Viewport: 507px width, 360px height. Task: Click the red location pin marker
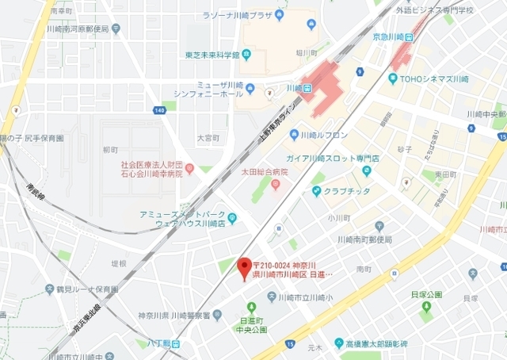tap(245, 266)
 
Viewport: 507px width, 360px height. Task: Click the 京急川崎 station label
tap(393, 36)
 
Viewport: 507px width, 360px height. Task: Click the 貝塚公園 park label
tap(426, 294)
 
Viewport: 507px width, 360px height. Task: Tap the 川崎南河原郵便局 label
tap(78, 28)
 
